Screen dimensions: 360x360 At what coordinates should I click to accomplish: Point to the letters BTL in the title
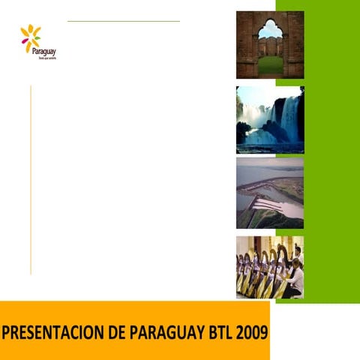click(x=215, y=331)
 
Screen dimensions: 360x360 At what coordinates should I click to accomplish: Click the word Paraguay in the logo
click(x=44, y=51)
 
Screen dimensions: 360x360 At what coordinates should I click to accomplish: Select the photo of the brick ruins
click(x=270, y=44)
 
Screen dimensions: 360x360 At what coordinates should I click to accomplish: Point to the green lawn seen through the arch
click(x=270, y=64)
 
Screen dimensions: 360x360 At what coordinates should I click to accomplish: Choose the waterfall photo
click(x=270, y=119)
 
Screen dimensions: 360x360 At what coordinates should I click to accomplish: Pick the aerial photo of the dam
click(x=270, y=192)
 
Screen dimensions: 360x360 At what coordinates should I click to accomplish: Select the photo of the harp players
click(x=270, y=267)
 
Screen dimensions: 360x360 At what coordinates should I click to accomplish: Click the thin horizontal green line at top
click(x=123, y=21)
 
